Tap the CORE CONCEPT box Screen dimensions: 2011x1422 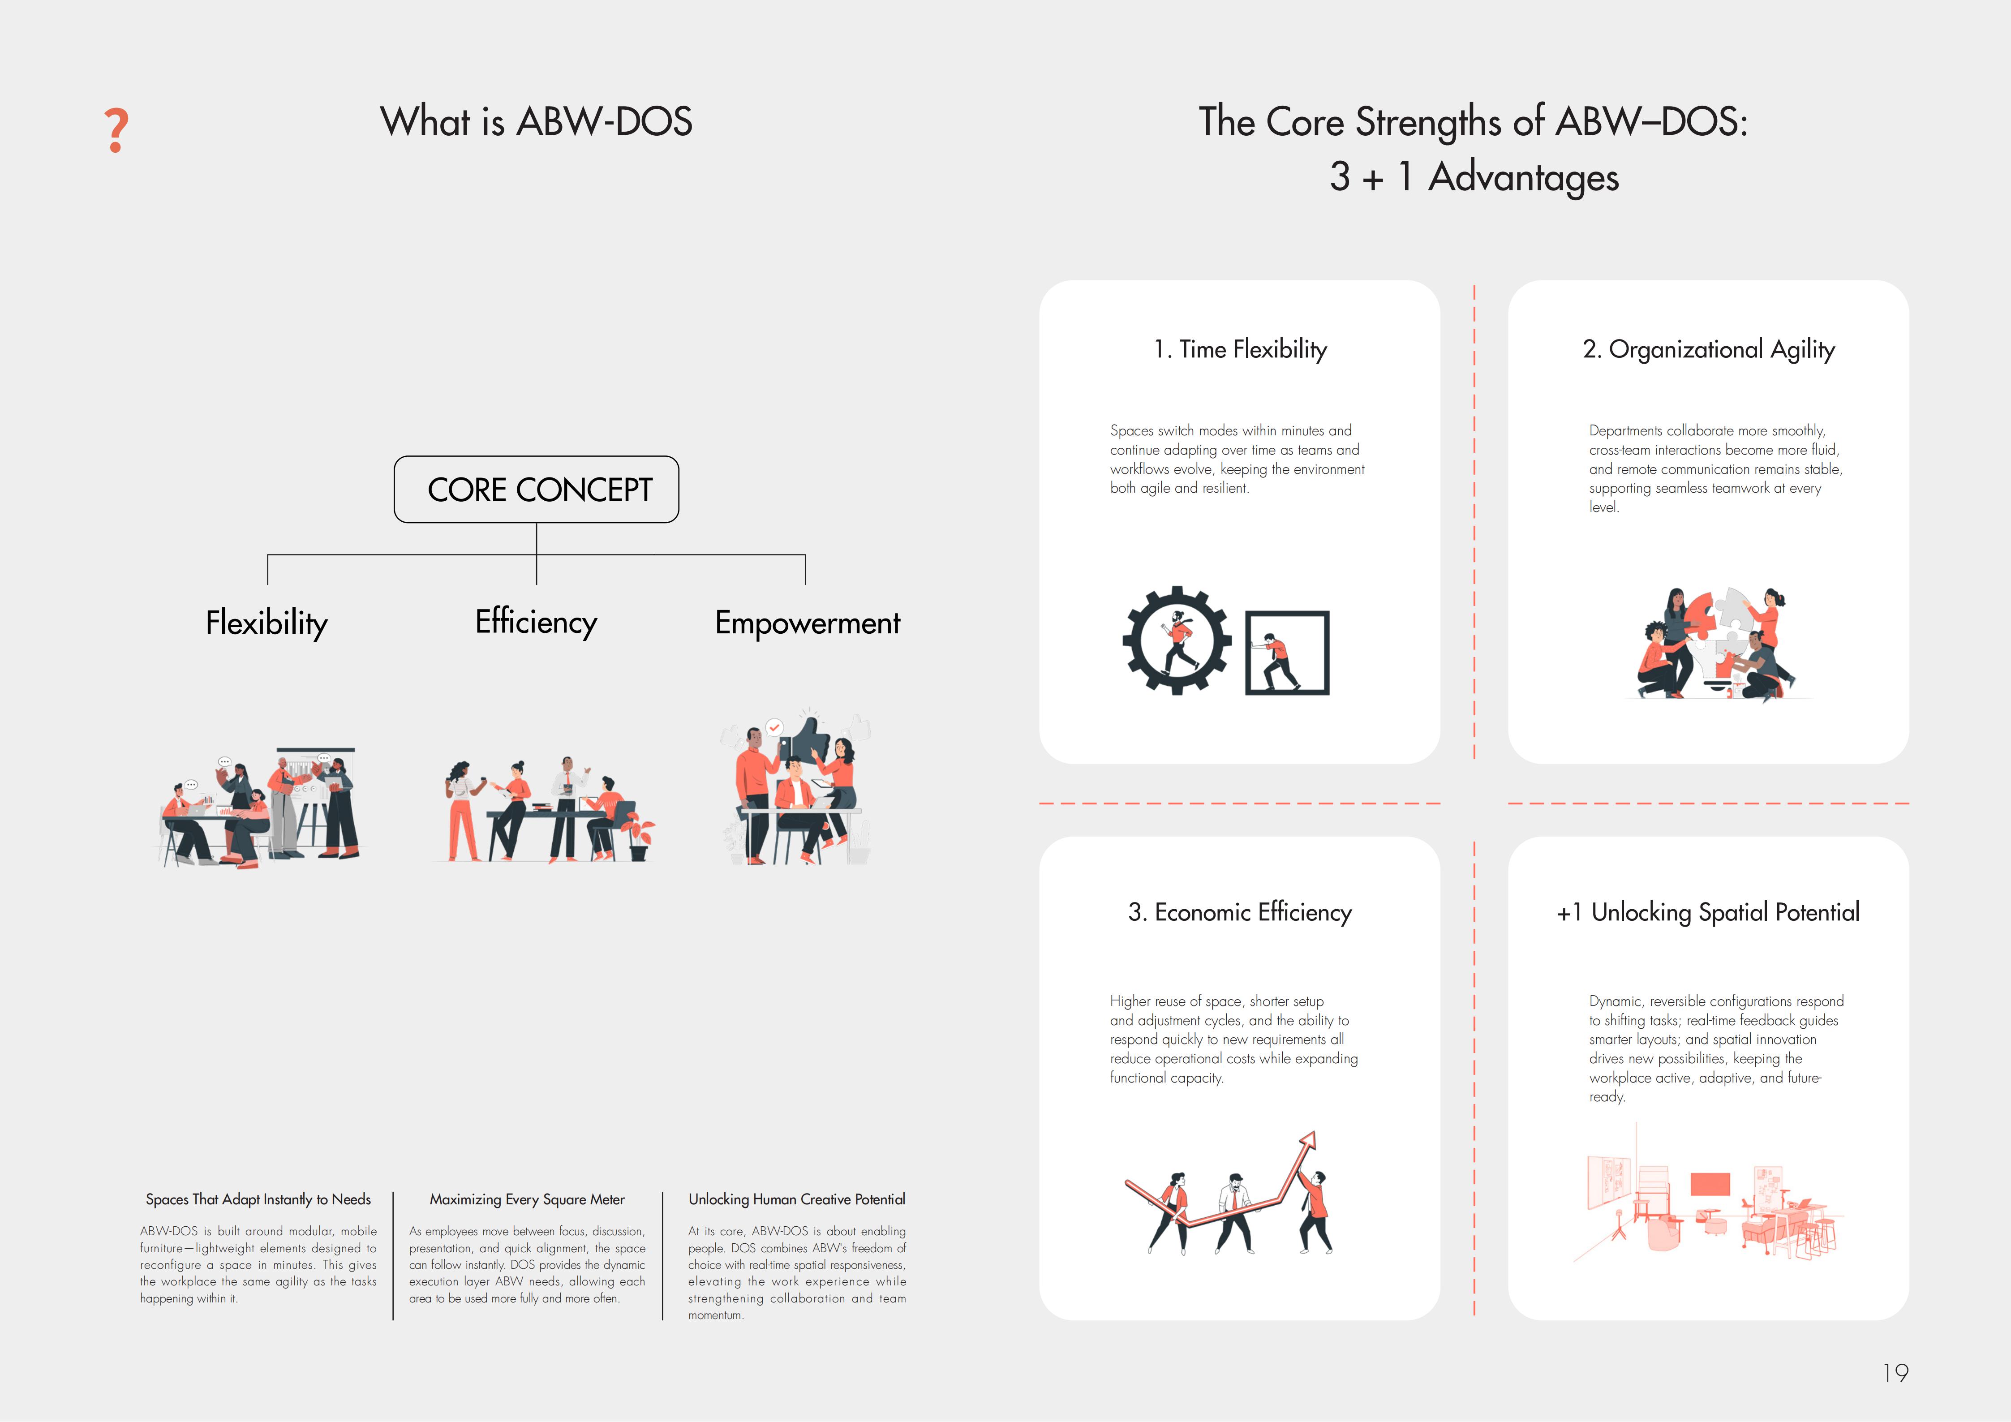536,490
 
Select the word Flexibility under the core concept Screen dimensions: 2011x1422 266,623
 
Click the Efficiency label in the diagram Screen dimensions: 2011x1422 536,622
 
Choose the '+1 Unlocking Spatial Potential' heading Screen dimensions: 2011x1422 1708,912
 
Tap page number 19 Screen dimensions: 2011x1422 1895,1373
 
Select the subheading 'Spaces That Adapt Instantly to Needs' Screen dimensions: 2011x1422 258,1199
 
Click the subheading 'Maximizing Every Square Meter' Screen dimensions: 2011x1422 527,1199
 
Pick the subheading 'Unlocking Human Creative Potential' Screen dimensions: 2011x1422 797,1199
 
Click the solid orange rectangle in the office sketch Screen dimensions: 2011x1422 1710,1184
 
